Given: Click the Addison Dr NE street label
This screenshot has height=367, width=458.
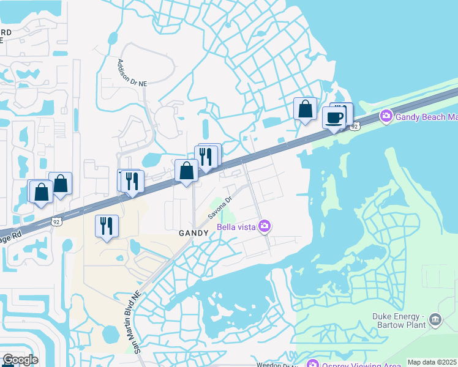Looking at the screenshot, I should pyautogui.click(x=133, y=72).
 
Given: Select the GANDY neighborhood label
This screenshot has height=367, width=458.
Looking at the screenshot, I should pyautogui.click(x=195, y=233).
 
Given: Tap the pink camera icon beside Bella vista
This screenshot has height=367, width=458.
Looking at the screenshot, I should pyautogui.click(x=265, y=227).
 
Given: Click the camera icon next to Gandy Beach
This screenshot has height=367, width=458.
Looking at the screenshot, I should pyautogui.click(x=386, y=116).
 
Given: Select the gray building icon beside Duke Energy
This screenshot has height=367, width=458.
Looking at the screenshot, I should pyautogui.click(x=435, y=319).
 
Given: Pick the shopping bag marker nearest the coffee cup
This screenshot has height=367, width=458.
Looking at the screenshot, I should pyautogui.click(x=305, y=109).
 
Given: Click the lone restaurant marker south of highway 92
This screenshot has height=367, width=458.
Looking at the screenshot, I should pyautogui.click(x=107, y=226).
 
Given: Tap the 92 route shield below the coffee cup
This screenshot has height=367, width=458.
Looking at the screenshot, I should pyautogui.click(x=355, y=126).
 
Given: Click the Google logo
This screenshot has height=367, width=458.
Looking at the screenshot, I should pyautogui.click(x=20, y=359).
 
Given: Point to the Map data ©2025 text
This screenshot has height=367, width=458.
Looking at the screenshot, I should pyautogui.click(x=432, y=362).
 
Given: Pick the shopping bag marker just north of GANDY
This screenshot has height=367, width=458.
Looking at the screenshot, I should pyautogui.click(x=186, y=171).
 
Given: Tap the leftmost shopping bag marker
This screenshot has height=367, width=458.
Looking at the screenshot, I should pyautogui.click(x=41, y=192).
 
